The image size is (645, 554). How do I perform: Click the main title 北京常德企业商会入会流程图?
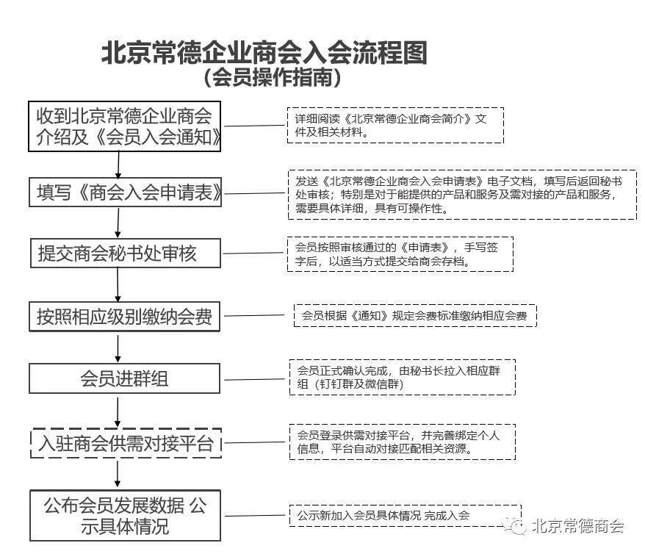tap(264, 53)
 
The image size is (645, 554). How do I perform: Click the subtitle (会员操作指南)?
tap(272, 77)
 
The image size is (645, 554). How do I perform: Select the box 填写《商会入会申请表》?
tap(126, 192)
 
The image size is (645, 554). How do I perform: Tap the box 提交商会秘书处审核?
tap(126, 253)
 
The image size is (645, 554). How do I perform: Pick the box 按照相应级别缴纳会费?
tap(125, 316)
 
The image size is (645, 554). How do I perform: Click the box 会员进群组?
tap(125, 378)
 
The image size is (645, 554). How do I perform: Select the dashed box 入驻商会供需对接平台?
tap(126, 443)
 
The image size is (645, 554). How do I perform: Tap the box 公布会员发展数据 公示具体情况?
tap(125, 515)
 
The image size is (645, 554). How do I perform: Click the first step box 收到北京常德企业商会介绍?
tap(125, 126)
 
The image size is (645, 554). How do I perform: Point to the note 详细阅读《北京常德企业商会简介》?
tap(395, 126)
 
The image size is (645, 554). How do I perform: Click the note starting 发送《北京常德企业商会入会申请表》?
tap(462, 195)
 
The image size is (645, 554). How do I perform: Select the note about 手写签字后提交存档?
tap(400, 254)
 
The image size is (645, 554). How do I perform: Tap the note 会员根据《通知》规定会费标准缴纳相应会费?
tap(416, 315)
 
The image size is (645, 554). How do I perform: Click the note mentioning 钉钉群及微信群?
tap(403, 377)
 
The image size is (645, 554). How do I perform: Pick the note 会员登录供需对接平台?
tap(403, 442)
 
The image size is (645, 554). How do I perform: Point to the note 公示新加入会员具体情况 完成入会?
tap(406, 515)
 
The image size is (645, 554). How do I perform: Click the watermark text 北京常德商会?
tap(578, 526)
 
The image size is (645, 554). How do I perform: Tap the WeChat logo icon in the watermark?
tap(516, 525)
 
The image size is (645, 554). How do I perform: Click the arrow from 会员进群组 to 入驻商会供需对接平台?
tap(118, 411)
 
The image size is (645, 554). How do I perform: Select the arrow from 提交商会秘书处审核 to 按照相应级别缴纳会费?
tap(118, 284)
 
